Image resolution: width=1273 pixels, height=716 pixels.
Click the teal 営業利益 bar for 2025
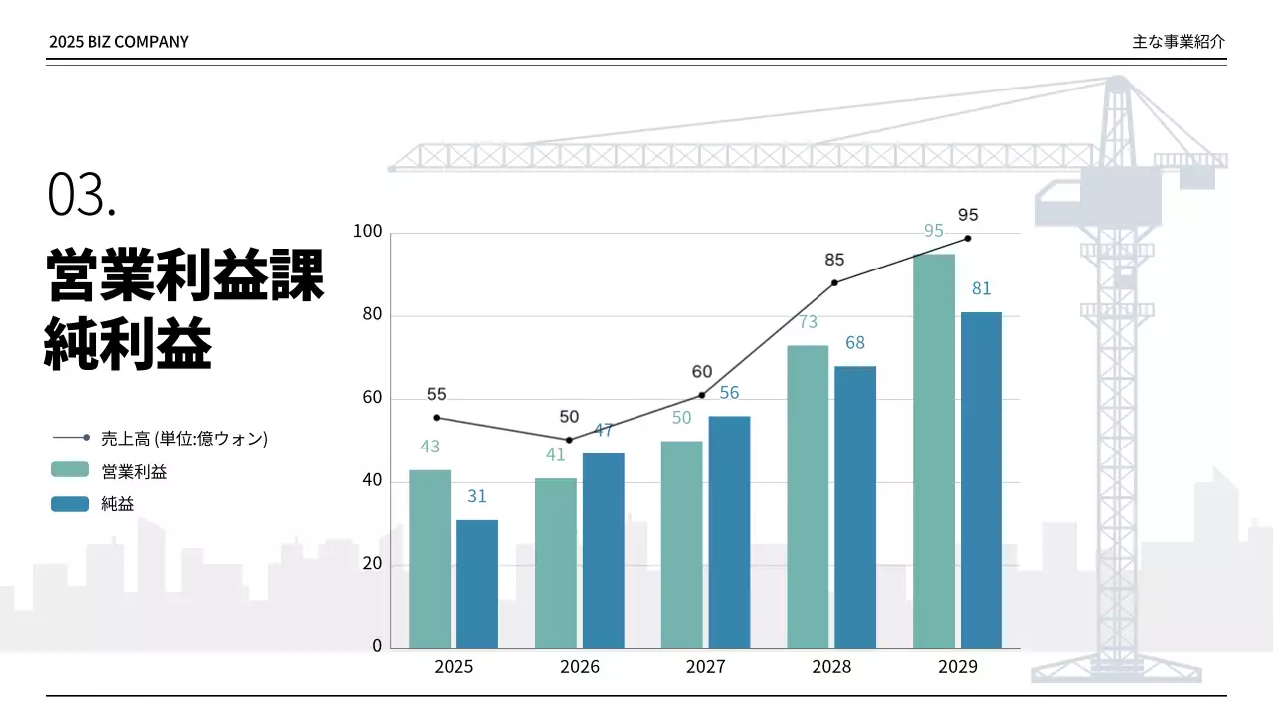click(x=430, y=559)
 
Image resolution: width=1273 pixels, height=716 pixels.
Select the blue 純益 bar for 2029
click(x=982, y=480)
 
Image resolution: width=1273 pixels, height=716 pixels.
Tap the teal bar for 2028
click(x=808, y=497)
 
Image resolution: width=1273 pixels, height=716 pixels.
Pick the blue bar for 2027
click(x=729, y=532)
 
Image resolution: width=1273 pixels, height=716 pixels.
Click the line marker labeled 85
click(x=834, y=282)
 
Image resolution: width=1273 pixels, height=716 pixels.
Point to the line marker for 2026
click(x=569, y=440)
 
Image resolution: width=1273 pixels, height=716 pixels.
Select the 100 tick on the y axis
click(x=368, y=232)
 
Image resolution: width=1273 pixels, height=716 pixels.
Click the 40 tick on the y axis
click(x=371, y=481)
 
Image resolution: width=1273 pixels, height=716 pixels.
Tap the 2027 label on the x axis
click(x=705, y=667)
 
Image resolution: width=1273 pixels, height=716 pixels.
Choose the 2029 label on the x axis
click(x=958, y=667)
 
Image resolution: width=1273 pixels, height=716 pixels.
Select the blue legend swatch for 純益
click(x=70, y=504)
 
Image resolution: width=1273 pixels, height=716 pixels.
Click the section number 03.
click(x=82, y=194)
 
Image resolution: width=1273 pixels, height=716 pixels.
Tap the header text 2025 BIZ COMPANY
click(x=118, y=42)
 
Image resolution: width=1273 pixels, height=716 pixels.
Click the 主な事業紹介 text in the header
click(x=1179, y=42)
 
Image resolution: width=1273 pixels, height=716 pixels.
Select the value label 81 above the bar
click(x=982, y=289)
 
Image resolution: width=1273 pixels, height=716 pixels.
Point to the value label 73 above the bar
click(x=808, y=322)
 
